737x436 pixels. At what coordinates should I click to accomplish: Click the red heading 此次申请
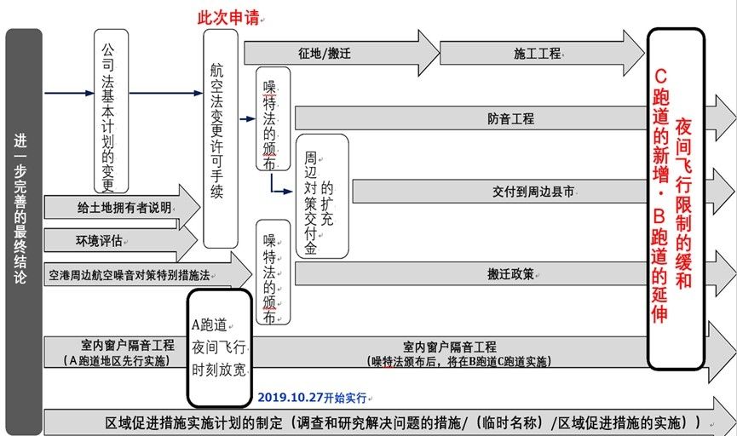click(x=228, y=18)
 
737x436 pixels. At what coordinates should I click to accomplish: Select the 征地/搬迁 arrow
click(x=325, y=53)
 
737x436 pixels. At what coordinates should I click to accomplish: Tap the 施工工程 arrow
click(x=538, y=53)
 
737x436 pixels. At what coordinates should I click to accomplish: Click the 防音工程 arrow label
click(x=510, y=118)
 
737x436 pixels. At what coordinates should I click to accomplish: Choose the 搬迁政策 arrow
click(x=510, y=274)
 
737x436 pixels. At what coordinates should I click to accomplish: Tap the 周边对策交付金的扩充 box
click(x=321, y=195)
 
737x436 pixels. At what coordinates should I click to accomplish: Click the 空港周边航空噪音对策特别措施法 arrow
click(x=130, y=275)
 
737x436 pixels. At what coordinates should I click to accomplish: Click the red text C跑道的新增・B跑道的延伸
click(x=659, y=196)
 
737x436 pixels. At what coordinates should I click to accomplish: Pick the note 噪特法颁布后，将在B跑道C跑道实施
click(x=461, y=361)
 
